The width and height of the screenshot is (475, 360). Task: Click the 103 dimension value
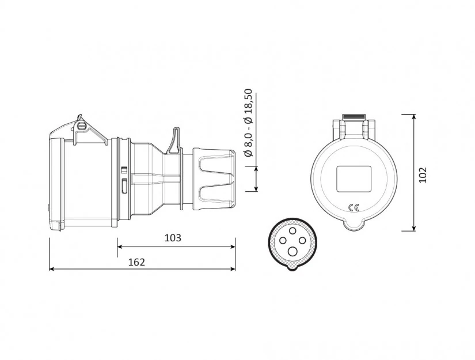(173, 238)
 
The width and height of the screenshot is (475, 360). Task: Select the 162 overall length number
(136, 262)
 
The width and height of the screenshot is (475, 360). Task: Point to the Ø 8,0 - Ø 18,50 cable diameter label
(248, 123)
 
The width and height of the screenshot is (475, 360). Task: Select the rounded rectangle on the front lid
(354, 179)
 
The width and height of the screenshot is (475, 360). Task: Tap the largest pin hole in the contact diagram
(293, 251)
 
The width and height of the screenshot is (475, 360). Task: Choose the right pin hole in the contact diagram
(303, 241)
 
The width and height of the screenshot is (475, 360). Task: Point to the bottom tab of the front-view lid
(354, 223)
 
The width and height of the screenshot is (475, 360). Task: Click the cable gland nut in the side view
(214, 178)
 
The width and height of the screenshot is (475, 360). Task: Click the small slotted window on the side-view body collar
(124, 184)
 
